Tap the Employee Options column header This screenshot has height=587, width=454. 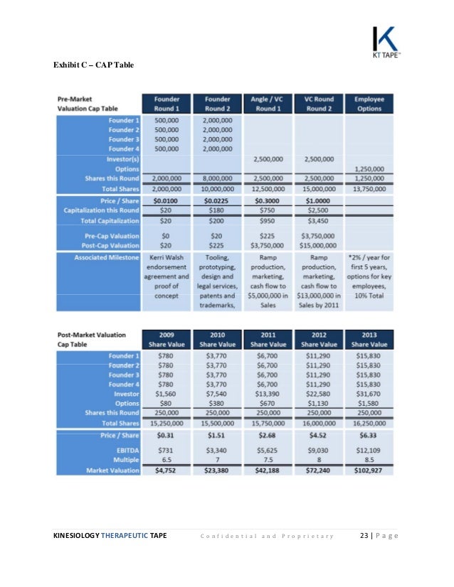[x=369, y=103]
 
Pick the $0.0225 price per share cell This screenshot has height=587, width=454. [x=216, y=201]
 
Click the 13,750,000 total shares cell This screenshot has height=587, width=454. [x=369, y=188]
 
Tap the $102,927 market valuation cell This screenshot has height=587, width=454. [x=369, y=470]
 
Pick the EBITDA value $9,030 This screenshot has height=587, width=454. [x=318, y=450]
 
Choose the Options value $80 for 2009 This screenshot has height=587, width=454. [x=164, y=404]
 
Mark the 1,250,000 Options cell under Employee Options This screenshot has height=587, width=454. [x=369, y=168]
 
